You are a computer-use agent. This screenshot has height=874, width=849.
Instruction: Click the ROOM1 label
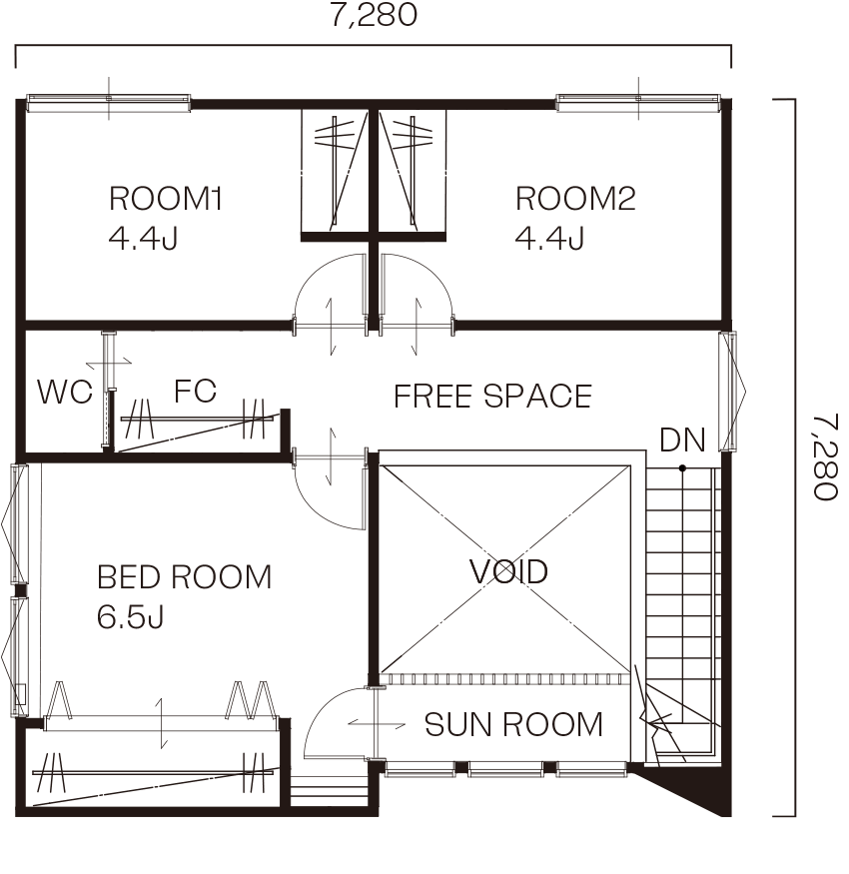pyautogui.click(x=166, y=199)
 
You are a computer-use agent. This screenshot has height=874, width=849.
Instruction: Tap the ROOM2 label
pyautogui.click(x=575, y=199)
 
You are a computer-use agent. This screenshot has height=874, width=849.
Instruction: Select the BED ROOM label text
pyautogui.click(x=184, y=577)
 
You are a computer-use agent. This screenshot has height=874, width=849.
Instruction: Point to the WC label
pyautogui.click(x=65, y=392)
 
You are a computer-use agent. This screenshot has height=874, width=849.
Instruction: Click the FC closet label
pyautogui.click(x=195, y=391)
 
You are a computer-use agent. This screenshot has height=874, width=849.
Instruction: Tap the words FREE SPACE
pyautogui.click(x=492, y=397)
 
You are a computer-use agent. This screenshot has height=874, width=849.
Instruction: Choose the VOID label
pyautogui.click(x=508, y=571)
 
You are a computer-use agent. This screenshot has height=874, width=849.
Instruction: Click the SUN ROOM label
pyautogui.click(x=513, y=724)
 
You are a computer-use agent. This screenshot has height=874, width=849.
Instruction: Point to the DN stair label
pyautogui.click(x=682, y=439)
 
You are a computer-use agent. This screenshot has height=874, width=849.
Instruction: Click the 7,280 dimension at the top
pyautogui.click(x=374, y=15)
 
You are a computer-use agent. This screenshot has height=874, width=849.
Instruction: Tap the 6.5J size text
pyautogui.click(x=131, y=617)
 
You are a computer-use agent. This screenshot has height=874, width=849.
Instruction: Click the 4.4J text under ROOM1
pyautogui.click(x=143, y=239)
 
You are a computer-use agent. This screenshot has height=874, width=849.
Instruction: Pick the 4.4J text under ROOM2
pyautogui.click(x=549, y=239)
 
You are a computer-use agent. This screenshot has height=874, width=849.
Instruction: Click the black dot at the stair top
pyautogui.click(x=682, y=468)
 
